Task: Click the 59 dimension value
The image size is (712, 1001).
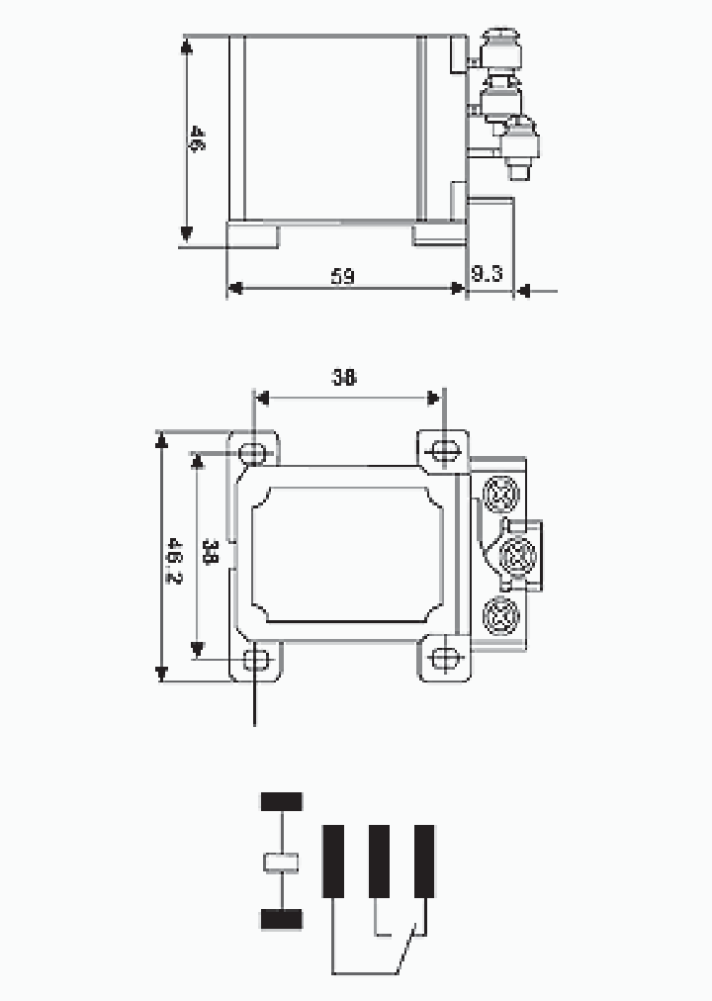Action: [x=343, y=276]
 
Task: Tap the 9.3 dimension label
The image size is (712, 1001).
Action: [x=487, y=274]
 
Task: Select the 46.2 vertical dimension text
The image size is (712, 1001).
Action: [x=174, y=558]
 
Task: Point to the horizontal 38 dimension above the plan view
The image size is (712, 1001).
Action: [x=344, y=377]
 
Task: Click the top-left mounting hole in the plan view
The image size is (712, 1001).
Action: [x=253, y=453]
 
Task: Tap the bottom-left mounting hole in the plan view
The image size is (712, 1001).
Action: [x=256, y=658]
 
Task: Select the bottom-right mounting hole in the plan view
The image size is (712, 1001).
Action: [x=445, y=658]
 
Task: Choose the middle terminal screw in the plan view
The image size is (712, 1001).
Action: [x=516, y=555]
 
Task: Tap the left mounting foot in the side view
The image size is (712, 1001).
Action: [x=253, y=235]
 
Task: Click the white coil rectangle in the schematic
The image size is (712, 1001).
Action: [x=281, y=862]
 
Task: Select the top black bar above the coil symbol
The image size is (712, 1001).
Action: [x=281, y=801]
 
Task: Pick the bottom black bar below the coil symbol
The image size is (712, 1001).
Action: [x=281, y=920]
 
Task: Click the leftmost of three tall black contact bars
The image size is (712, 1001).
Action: [x=333, y=861]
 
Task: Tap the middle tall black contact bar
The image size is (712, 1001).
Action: [x=379, y=861]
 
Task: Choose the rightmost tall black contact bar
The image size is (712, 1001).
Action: [x=424, y=861]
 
